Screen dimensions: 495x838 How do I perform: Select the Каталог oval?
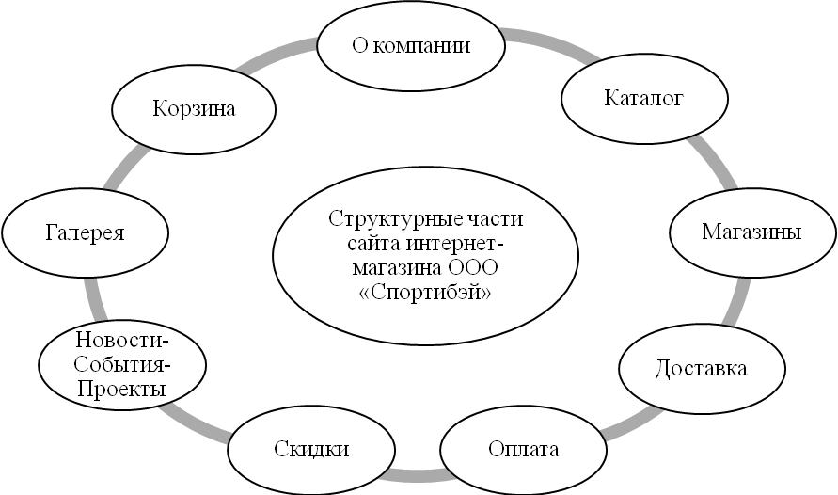[x=643, y=98]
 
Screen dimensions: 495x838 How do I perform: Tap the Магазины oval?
[x=751, y=232]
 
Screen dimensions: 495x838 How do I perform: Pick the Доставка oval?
[x=701, y=368]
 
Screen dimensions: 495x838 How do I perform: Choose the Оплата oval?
[x=524, y=449]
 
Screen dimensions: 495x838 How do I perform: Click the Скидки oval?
[x=312, y=449]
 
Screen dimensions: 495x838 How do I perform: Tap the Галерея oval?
[x=86, y=232]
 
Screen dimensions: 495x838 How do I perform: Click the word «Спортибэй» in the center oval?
[x=427, y=293]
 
